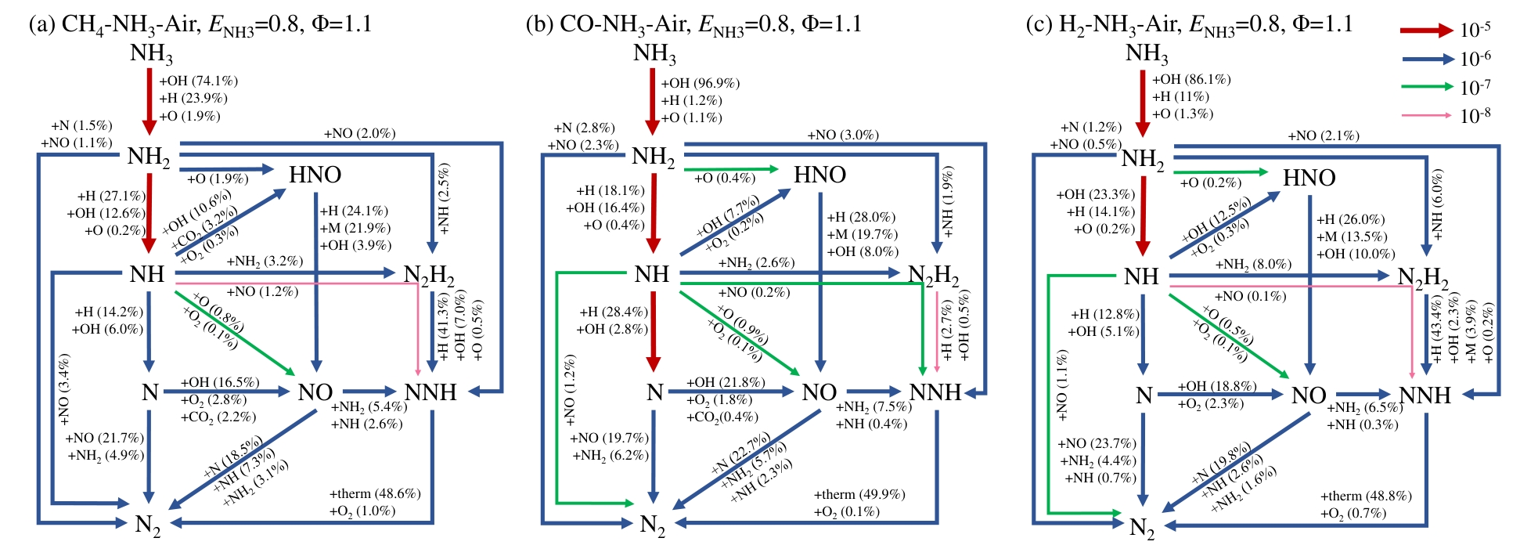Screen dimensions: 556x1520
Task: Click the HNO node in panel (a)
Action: click(x=315, y=175)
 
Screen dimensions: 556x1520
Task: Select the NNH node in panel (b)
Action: click(x=935, y=392)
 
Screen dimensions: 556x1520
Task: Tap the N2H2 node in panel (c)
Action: click(x=1422, y=277)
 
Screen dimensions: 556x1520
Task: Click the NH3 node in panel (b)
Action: click(x=654, y=54)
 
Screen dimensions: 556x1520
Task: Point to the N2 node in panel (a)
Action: click(x=148, y=525)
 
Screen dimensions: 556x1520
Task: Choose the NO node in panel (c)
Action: click(x=1308, y=395)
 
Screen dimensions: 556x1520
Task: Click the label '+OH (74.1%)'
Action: click(x=198, y=81)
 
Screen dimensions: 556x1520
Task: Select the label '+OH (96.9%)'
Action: click(x=700, y=83)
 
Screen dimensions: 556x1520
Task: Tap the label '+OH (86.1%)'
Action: click(x=1191, y=79)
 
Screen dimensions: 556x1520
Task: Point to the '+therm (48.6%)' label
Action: click(x=375, y=493)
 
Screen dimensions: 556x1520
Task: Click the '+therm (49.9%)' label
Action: click(x=859, y=494)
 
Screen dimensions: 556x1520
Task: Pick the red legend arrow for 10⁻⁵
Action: click(x=1425, y=31)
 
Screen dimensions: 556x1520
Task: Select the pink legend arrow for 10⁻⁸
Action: click(x=1425, y=116)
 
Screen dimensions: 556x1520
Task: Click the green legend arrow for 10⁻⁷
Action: click(x=1425, y=88)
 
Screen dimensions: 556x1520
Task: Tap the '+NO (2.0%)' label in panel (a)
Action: click(x=359, y=133)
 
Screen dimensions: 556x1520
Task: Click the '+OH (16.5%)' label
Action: click(x=220, y=382)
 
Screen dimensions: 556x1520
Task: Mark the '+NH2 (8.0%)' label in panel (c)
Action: click(x=1252, y=265)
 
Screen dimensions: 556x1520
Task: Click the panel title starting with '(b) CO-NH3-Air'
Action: click(x=693, y=24)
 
